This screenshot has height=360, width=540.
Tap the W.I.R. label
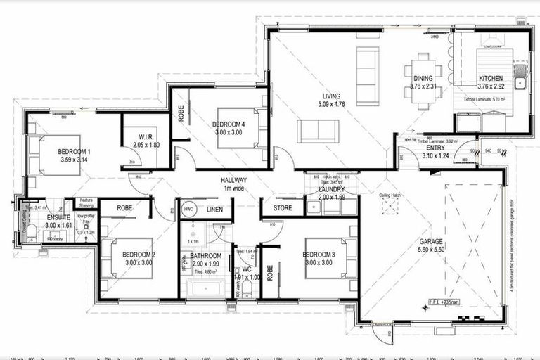coord(146,138)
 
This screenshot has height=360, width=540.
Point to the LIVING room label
coord(331,96)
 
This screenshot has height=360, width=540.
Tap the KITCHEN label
coord(491,79)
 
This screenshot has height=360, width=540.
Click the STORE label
coord(282,208)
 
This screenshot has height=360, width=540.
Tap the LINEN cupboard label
coord(215,210)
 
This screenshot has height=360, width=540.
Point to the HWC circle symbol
coord(189,210)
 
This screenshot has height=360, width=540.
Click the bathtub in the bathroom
coord(205,289)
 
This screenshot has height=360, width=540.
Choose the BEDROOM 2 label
coord(138,255)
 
